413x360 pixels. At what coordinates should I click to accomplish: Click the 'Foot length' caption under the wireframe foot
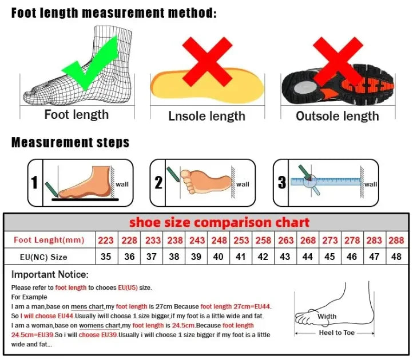(x=77, y=114)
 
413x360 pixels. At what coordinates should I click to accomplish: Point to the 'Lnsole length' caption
(x=206, y=116)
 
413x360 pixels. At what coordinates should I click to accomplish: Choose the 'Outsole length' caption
(x=337, y=116)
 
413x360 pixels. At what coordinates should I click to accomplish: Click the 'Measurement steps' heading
(x=70, y=142)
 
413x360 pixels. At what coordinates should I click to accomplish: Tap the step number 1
(x=34, y=183)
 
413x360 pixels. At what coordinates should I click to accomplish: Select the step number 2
(x=158, y=183)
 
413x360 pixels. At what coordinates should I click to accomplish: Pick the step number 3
(x=281, y=183)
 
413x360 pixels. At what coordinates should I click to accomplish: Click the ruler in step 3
(x=325, y=182)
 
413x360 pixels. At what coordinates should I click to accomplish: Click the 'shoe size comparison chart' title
(x=219, y=222)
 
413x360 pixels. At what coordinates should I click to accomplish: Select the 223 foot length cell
(x=106, y=240)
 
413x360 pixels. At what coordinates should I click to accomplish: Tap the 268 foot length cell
(x=308, y=240)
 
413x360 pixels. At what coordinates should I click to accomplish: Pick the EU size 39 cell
(x=196, y=257)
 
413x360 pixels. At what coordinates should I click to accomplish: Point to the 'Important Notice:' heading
(x=50, y=275)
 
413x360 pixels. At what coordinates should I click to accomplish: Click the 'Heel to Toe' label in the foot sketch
(x=337, y=333)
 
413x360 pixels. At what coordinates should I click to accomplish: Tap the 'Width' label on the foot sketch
(x=327, y=317)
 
